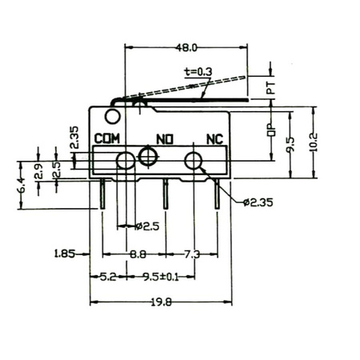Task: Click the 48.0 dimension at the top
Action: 186,48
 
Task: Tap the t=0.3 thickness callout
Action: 198,72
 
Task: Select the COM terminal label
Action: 107,138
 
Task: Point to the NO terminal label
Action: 165,139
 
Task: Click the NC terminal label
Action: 214,139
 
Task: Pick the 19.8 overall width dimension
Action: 161,302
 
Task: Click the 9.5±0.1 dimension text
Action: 161,277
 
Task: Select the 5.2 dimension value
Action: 108,277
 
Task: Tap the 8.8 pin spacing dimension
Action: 138,254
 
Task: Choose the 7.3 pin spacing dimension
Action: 192,254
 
